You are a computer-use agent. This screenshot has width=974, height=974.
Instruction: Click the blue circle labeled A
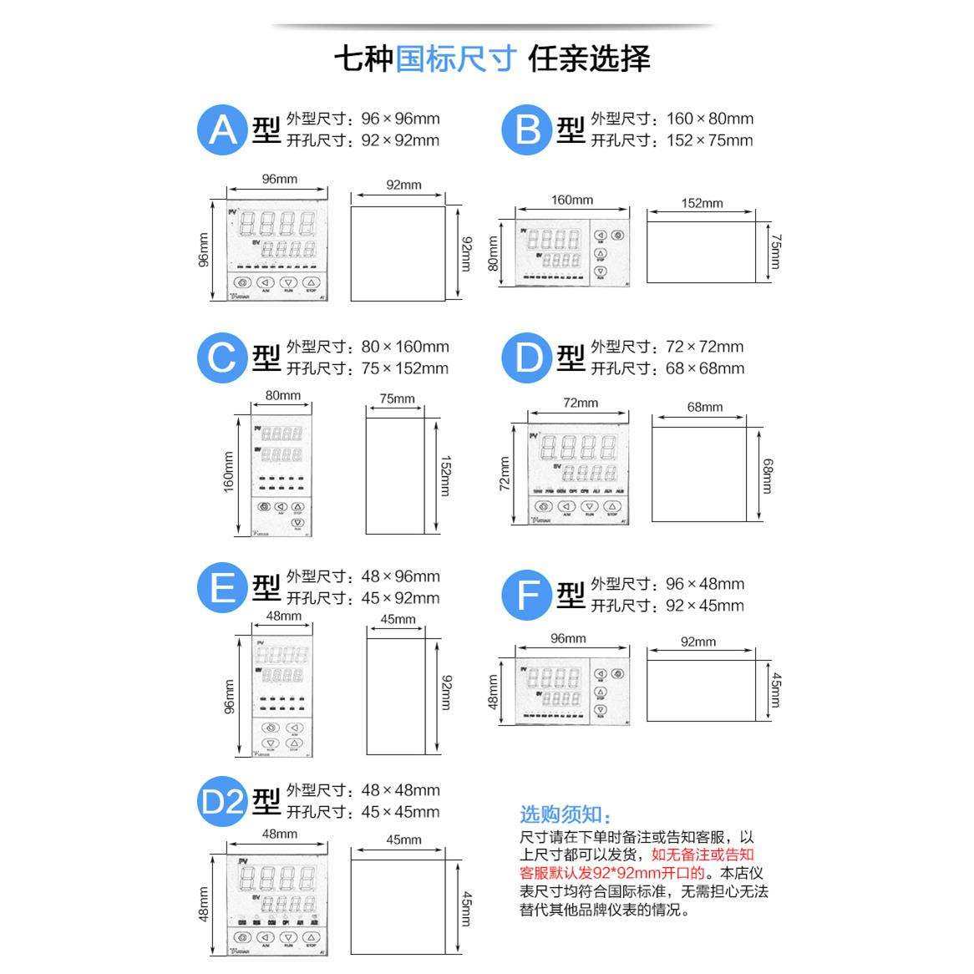pyautogui.click(x=222, y=129)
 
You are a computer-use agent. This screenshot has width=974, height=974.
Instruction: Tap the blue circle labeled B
pyautogui.click(x=527, y=129)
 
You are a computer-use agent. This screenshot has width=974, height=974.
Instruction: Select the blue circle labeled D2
pyautogui.click(x=222, y=802)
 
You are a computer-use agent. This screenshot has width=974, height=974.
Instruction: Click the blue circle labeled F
pyautogui.click(x=527, y=596)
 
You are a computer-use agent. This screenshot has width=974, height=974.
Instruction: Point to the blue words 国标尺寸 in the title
pyautogui.click(x=455, y=58)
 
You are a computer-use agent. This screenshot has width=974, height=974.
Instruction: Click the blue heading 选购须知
pyautogui.click(x=566, y=815)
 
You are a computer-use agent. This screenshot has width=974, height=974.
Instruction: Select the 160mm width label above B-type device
pyautogui.click(x=572, y=200)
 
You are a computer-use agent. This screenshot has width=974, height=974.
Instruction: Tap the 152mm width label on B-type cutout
pyautogui.click(x=702, y=203)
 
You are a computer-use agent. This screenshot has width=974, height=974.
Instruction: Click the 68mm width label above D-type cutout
pyautogui.click(x=704, y=407)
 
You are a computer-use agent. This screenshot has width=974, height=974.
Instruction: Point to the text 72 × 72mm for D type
pyautogui.click(x=704, y=347)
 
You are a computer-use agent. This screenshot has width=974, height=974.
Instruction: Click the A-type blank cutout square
pyautogui.click(x=398, y=253)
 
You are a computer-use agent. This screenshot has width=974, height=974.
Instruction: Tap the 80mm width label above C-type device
pyautogui.click(x=283, y=395)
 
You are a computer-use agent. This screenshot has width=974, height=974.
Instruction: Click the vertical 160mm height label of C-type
pyautogui.click(x=228, y=472)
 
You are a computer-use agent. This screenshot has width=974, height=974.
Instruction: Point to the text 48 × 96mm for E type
pyautogui.click(x=400, y=576)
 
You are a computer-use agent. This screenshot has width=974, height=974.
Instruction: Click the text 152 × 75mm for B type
pyautogui.click(x=709, y=140)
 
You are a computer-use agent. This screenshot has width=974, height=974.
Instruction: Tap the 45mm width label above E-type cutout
pyautogui.click(x=398, y=619)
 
